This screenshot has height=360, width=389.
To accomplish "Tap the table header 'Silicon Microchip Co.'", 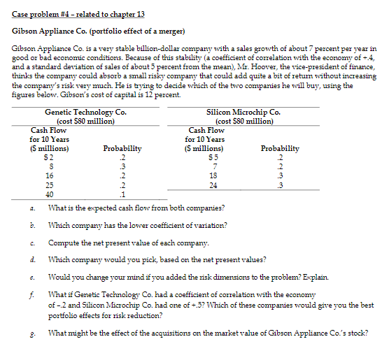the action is pyautogui.click(x=244, y=112).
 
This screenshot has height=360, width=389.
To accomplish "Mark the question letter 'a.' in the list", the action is pyautogui.click(x=34, y=208).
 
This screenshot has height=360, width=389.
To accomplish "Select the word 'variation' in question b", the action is pyautogui.click(x=208, y=225).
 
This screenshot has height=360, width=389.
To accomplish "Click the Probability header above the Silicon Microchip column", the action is pyautogui.click(x=280, y=148).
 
